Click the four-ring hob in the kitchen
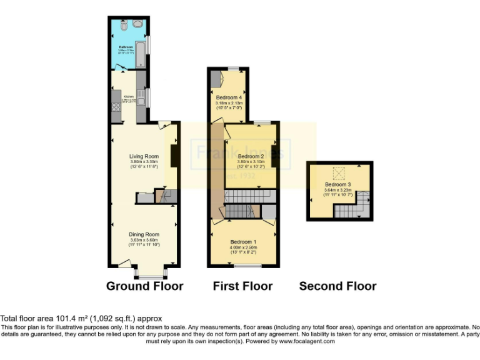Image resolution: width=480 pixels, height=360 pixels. (116, 107)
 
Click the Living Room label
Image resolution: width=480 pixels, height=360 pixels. (144, 156)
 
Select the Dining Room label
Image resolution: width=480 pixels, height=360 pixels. (144, 234)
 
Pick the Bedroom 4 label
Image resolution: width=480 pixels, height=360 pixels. (229, 98)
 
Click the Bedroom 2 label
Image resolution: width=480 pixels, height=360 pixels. (251, 156)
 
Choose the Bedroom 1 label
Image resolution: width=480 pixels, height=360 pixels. (243, 242)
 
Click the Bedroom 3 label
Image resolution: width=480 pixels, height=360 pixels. (337, 184)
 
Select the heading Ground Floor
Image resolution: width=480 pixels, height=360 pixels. (144, 286)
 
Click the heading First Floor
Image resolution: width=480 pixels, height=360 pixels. (242, 286)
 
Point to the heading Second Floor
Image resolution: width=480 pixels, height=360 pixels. (337, 286)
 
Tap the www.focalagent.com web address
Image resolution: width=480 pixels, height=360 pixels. (307, 341)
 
